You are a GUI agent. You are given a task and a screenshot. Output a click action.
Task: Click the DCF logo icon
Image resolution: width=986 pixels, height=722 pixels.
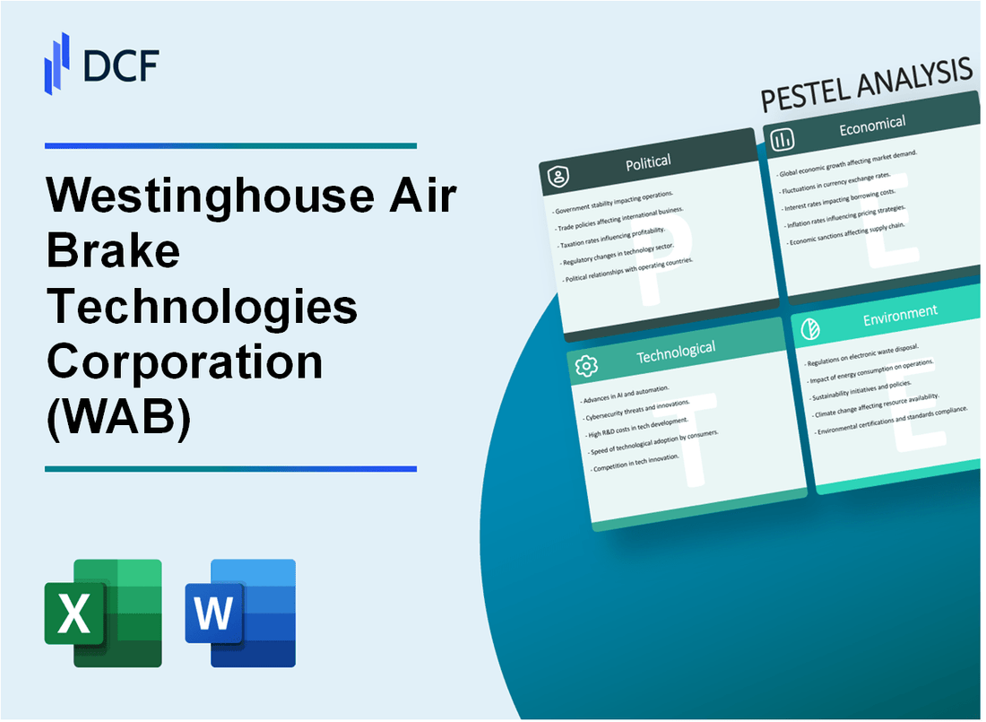click(x=56, y=62)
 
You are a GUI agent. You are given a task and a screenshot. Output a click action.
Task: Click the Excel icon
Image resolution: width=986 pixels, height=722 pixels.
click(x=103, y=613)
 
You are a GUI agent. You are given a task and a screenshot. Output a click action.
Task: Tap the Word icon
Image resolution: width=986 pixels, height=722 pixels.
click(x=240, y=613)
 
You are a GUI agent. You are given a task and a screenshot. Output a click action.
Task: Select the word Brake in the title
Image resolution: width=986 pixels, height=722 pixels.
click(x=113, y=254)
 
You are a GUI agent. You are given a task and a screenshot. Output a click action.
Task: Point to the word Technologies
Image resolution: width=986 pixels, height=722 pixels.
click(x=202, y=308)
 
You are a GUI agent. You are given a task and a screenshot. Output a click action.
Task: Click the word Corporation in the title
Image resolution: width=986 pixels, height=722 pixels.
click(x=184, y=361)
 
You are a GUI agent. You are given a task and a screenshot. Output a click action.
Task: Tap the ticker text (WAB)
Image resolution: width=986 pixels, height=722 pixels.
click(x=117, y=415)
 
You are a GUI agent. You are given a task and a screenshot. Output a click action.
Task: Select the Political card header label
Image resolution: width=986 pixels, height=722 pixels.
click(x=648, y=161)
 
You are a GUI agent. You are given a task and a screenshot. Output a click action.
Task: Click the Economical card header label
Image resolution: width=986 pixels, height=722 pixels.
click(x=871, y=126)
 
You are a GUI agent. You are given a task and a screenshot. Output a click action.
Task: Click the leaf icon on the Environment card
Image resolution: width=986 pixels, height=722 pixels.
click(x=809, y=327)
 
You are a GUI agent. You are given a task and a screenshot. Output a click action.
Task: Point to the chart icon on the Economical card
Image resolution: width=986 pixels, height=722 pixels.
click(x=782, y=139)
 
